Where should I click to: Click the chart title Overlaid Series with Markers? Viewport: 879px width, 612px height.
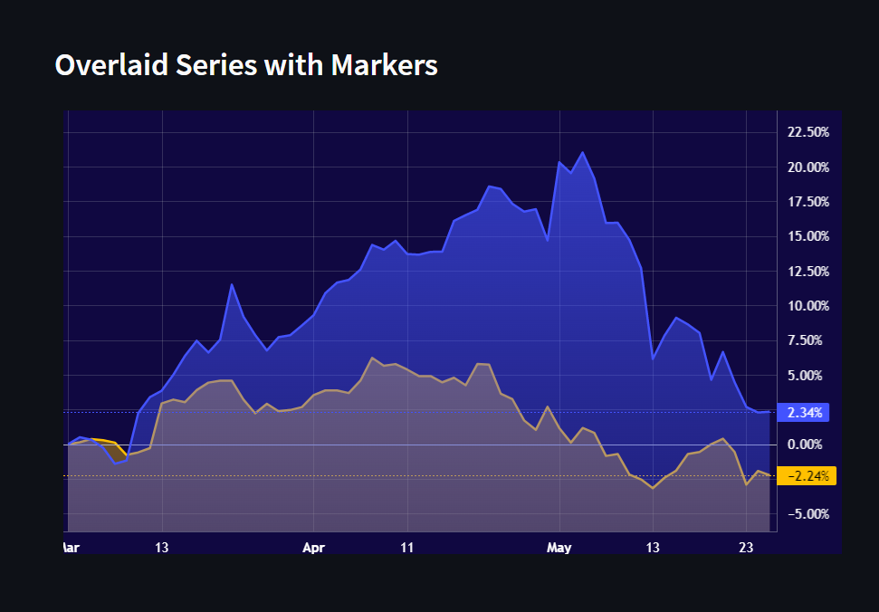point(246,65)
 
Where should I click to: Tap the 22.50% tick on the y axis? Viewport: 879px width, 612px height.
point(808,132)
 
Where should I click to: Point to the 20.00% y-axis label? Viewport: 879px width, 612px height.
point(808,167)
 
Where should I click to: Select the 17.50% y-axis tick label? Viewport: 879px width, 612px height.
point(808,202)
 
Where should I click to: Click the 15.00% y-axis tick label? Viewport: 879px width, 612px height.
point(808,236)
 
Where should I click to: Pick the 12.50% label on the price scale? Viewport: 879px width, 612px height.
point(808,272)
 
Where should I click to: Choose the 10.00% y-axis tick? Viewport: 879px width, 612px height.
point(808,306)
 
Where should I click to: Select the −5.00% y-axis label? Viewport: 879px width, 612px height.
point(808,514)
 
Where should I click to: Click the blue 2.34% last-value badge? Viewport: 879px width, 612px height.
point(805,413)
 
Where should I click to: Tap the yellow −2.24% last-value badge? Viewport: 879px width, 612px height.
point(807,476)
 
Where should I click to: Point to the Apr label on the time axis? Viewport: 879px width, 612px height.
point(313,547)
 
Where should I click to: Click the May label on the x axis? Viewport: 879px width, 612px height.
point(560,547)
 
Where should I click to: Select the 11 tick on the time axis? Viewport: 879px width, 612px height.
point(407,547)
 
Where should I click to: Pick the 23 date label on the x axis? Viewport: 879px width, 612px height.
point(745,547)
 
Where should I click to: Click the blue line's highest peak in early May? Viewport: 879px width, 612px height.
point(582,152)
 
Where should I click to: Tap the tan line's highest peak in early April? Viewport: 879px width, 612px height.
point(372,358)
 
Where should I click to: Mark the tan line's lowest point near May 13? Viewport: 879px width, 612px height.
point(653,488)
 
